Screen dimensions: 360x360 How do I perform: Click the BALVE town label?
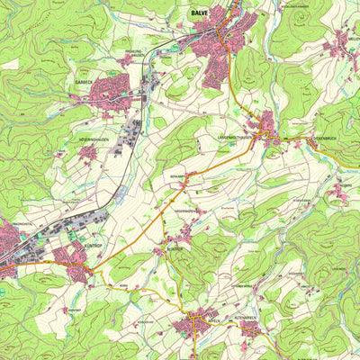[199, 13]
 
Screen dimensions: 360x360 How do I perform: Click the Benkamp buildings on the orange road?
[184, 181]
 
